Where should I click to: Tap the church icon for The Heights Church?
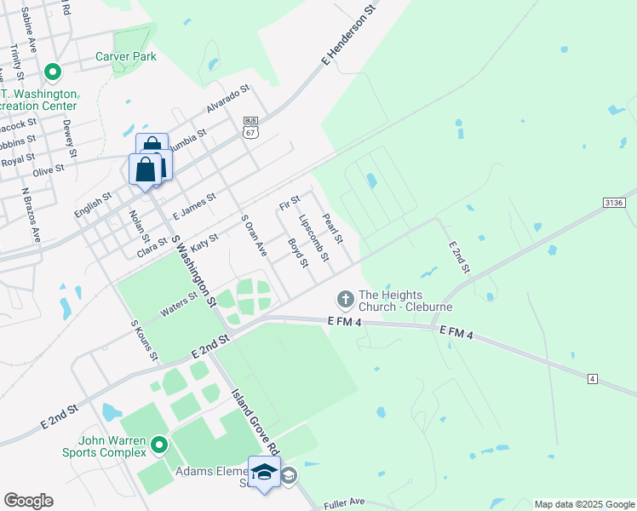point(345,299)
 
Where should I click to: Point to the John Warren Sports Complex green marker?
point(158,445)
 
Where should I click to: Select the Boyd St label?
point(297,252)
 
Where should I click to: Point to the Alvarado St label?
point(227,99)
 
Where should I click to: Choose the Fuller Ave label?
point(344,503)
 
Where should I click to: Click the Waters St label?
point(179,304)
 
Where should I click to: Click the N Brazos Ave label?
point(32,215)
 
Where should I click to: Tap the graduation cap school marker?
point(264,471)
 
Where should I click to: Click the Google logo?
point(28,501)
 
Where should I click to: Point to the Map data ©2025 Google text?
point(583,504)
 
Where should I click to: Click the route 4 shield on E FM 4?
point(593,377)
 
